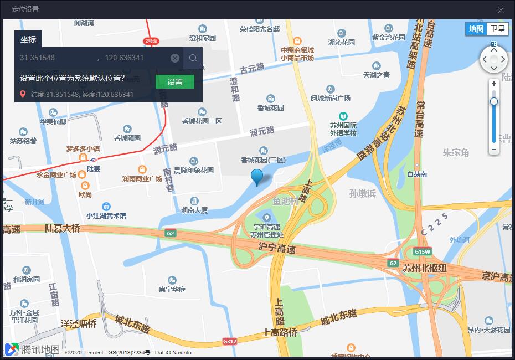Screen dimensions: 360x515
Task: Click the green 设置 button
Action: point(175,82)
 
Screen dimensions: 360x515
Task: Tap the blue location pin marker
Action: point(257,176)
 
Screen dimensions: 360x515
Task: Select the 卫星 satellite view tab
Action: point(497,29)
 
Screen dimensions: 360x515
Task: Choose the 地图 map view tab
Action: point(476,29)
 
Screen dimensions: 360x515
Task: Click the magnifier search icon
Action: point(193,58)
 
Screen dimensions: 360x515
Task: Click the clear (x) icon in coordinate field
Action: point(175,58)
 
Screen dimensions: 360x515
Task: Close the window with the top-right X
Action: point(501,10)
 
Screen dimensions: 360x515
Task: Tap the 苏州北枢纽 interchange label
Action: point(425,268)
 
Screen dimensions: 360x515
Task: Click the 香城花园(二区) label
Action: point(263,160)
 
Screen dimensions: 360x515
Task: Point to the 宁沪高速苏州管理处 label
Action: point(267,230)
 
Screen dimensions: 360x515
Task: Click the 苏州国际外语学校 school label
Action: point(343,129)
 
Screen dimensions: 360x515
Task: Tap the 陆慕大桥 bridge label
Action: point(63,228)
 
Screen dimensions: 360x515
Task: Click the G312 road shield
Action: point(230,341)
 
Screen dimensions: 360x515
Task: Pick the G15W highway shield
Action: point(423,251)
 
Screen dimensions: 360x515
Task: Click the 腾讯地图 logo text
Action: point(40,349)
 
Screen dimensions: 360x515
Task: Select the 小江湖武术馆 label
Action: point(106,215)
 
